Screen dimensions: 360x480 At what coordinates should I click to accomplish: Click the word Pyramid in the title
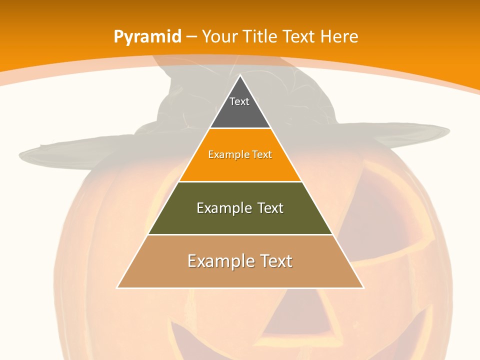(x=147, y=37)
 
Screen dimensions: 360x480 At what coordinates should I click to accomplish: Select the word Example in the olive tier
(x=220, y=208)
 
